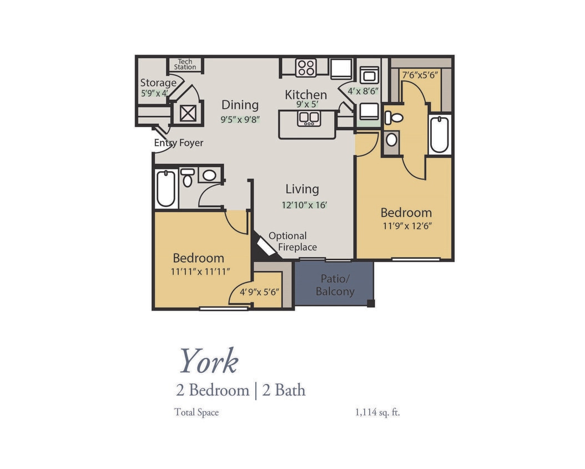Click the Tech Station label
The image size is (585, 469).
(185, 64)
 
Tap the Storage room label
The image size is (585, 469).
(158, 83)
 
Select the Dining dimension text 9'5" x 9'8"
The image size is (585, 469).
(240, 119)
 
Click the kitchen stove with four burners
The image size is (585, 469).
(306, 68)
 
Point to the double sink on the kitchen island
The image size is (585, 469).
(307, 118)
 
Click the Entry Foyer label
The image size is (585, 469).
(179, 143)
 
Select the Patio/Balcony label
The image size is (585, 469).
(335, 285)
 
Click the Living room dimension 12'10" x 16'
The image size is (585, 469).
(304, 205)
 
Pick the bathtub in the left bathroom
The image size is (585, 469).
(165, 188)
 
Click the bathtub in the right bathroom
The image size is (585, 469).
(439, 134)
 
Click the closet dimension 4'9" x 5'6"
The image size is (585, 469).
(259, 292)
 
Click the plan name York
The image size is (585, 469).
(208, 361)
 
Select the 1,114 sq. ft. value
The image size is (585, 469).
(377, 412)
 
